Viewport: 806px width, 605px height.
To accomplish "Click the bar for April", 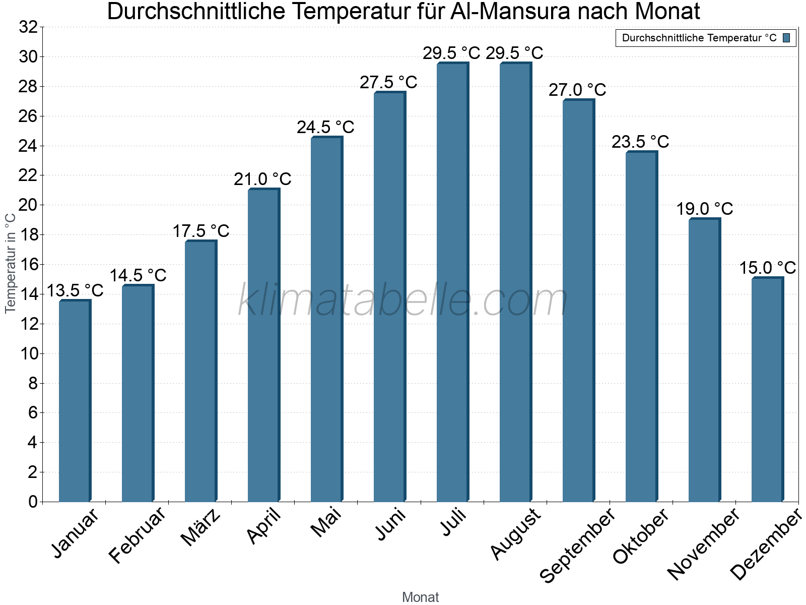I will pos(263,345).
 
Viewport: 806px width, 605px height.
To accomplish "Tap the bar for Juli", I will pos(452,282).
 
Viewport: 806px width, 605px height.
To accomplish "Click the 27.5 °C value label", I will pos(388,82).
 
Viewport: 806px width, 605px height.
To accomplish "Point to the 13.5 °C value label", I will pos(75,290).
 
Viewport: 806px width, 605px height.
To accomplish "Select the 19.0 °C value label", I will pos(704,209).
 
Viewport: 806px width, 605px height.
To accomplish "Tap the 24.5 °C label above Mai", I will pos(325,127).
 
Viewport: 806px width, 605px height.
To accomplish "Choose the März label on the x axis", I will pos(201,527).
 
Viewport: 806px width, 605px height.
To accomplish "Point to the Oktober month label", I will pos(641,536).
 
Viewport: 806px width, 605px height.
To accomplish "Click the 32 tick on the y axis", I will pos(28,27).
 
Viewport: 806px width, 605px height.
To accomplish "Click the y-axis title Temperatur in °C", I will pos(10,263).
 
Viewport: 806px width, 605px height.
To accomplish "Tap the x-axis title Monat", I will pos(421,597).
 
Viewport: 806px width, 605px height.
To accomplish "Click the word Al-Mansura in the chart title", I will pos(514,12).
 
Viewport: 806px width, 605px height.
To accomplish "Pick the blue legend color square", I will pos(786,38).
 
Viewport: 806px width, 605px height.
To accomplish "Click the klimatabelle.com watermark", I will pos(403,300).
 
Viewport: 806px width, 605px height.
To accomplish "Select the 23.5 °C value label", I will pos(640,142).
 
